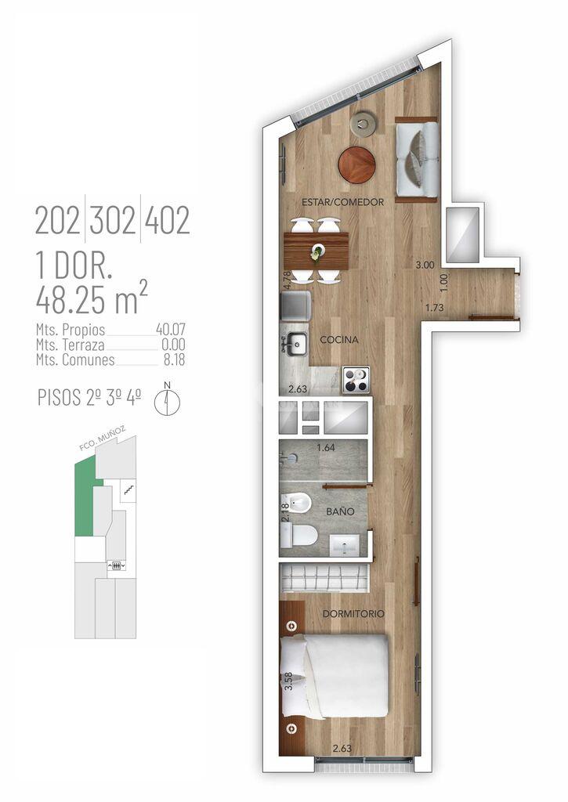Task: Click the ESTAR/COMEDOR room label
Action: pyautogui.click(x=342, y=202)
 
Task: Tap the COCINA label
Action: pyautogui.click(x=338, y=339)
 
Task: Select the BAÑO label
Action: pyautogui.click(x=340, y=511)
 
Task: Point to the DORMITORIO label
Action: pyautogui.click(x=353, y=613)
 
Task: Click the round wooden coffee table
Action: pyautogui.click(x=356, y=164)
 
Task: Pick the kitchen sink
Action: pyautogui.click(x=295, y=344)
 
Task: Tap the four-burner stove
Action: pyautogui.click(x=356, y=380)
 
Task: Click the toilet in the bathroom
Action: pyautogui.click(x=298, y=535)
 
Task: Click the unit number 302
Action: pyautogui.click(x=113, y=220)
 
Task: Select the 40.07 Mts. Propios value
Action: pyautogui.click(x=171, y=330)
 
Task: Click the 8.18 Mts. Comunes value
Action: pyautogui.click(x=175, y=359)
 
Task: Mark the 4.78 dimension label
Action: pyautogui.click(x=287, y=281)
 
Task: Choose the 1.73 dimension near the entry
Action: pyautogui.click(x=435, y=307)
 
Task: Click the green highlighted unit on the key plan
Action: pyautogui.click(x=85, y=495)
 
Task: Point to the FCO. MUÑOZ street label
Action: pyautogui.click(x=103, y=439)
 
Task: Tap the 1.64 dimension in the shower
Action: pyautogui.click(x=325, y=447)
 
